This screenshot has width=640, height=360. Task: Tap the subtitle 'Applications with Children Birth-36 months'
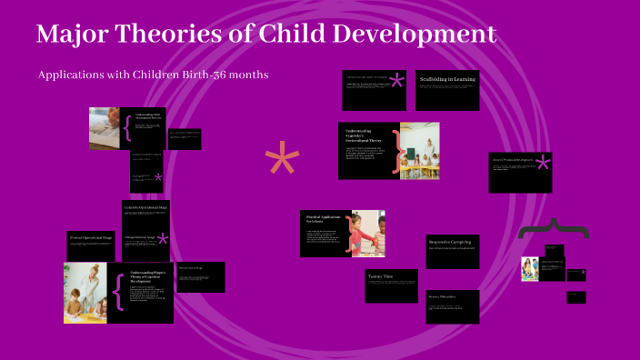(153, 75)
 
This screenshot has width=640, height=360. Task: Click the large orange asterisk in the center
(282, 162)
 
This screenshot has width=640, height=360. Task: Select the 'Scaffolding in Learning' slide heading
(447, 80)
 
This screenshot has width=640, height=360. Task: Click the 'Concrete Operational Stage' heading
(145, 208)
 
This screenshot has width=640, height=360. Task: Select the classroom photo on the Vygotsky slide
(419, 150)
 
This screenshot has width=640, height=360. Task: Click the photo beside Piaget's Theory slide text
(85, 293)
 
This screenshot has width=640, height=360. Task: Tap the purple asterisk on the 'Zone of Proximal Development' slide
(543, 164)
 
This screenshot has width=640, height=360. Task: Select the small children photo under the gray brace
(530, 269)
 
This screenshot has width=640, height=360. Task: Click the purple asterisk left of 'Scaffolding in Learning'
(396, 82)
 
